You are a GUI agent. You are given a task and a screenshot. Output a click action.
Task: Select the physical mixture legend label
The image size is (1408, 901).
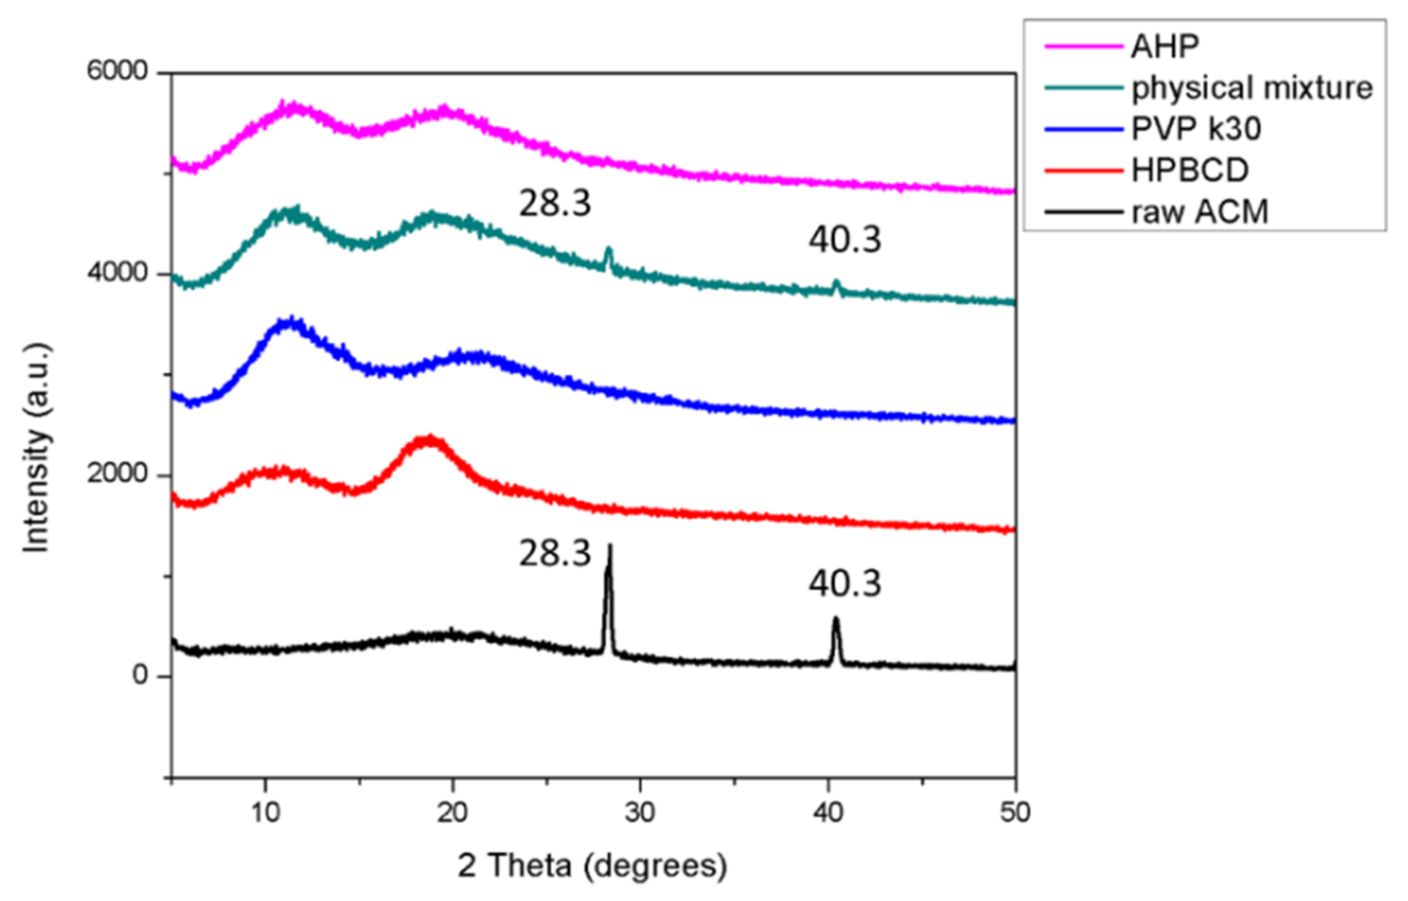click(1252, 88)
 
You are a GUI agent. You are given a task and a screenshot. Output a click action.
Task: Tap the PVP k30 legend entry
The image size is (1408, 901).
click(1196, 128)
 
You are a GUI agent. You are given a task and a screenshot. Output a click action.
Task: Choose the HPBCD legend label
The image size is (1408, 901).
click(1190, 170)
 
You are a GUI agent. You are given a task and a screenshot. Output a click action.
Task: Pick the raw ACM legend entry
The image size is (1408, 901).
click(1200, 212)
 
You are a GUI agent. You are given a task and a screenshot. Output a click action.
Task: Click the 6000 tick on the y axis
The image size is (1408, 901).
click(117, 71)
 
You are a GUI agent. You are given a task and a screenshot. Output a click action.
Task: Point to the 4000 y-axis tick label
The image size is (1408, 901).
click(117, 273)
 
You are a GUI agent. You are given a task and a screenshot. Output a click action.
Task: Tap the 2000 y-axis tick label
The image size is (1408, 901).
click(117, 474)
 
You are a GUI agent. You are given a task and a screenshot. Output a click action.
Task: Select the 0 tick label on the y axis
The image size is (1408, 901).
click(140, 676)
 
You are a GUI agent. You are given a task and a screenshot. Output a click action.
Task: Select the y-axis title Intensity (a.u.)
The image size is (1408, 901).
click(36, 447)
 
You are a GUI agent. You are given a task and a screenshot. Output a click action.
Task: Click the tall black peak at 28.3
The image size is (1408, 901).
click(609, 585)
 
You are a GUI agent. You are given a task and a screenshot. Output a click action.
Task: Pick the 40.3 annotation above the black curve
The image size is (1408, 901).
click(845, 584)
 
